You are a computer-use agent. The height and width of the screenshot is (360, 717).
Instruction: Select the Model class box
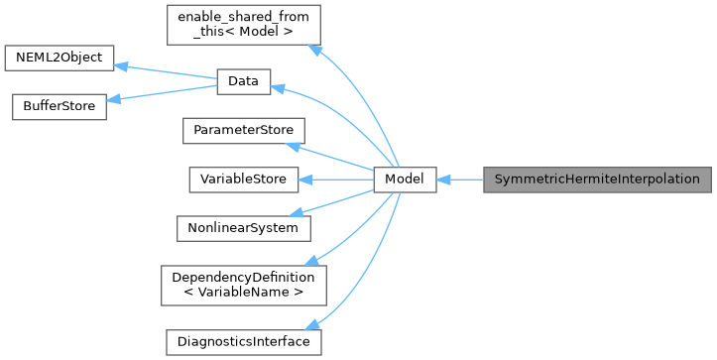[x=405, y=180]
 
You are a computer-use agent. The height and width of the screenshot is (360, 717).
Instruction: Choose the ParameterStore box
[x=243, y=130]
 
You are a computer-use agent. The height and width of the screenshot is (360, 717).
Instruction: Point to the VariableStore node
[x=243, y=180]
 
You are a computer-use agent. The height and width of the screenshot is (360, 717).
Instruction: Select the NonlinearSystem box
[x=243, y=227]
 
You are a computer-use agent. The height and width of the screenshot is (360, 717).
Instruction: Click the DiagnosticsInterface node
[x=243, y=341]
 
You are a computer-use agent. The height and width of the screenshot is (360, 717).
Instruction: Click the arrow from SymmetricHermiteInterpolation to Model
[x=459, y=180]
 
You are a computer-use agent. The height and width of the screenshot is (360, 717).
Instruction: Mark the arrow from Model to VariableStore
[x=336, y=180]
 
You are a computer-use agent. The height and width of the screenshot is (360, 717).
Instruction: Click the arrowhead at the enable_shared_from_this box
[x=314, y=47]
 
